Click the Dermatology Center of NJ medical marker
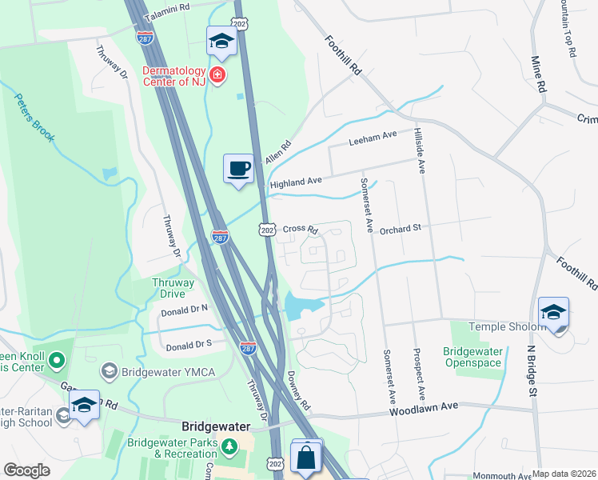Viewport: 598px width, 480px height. [217, 76]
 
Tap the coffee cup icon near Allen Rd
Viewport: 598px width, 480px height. [237, 169]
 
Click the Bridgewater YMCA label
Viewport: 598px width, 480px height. [164, 372]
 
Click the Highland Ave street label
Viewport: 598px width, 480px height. [296, 182]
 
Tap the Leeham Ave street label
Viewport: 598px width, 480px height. [373, 141]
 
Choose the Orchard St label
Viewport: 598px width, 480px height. [400, 228]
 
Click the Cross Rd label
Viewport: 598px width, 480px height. [301, 229]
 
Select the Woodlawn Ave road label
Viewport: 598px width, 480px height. [424, 408]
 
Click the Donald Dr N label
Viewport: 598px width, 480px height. [184, 307]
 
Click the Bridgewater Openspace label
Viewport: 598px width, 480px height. [474, 358]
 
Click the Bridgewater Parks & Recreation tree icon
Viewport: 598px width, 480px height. [230, 445]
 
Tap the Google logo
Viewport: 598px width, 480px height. [26, 470]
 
